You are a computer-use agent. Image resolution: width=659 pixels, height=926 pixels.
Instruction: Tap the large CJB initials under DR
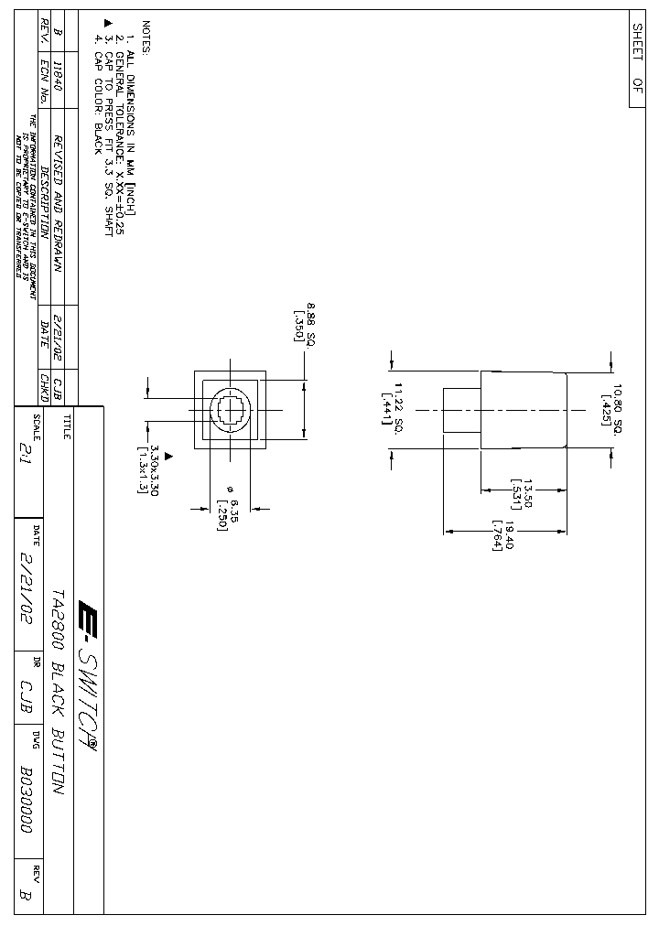pos(25,688)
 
